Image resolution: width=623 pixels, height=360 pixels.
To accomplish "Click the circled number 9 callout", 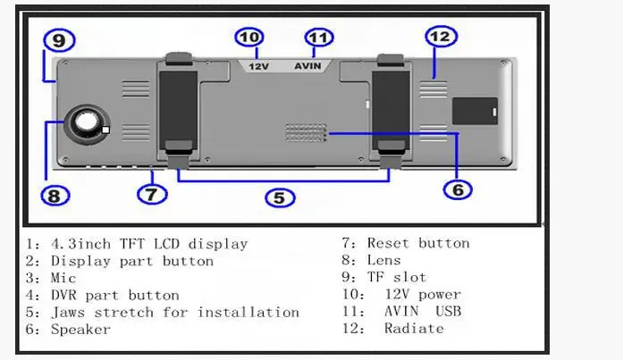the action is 59,40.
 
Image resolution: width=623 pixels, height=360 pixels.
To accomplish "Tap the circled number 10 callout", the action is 249,38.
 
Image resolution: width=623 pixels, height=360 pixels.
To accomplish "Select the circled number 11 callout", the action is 319,38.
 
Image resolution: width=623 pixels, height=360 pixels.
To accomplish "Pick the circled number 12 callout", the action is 441,36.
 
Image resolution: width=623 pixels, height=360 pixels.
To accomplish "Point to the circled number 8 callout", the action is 55,196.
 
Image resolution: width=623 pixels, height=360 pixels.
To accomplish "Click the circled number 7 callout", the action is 152,195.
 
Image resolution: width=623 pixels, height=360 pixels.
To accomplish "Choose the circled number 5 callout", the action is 280,197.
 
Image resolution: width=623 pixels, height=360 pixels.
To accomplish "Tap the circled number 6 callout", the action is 458,189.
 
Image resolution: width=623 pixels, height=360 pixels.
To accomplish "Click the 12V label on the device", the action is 258,66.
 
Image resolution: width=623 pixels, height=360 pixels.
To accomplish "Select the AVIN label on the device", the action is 307,66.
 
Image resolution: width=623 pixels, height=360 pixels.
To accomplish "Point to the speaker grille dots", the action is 307,132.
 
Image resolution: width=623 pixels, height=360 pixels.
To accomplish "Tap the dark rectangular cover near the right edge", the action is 475,111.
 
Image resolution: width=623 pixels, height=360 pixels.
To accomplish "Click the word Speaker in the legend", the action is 80,330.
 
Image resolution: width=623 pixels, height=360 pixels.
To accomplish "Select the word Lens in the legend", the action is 383,260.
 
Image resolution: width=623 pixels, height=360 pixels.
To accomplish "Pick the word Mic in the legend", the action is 63,278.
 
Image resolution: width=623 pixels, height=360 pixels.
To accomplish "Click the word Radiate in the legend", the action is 414,329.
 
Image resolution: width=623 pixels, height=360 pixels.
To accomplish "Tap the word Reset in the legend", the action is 388,243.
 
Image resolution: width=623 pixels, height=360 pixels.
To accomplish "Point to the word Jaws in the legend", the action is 68,313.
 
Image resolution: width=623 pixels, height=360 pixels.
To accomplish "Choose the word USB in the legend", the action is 448,312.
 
